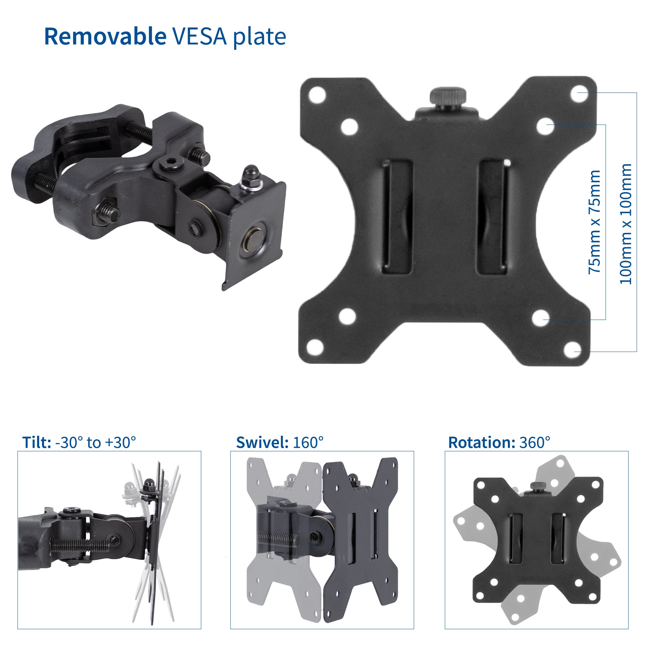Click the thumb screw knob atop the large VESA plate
(448, 97)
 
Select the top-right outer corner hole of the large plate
(579, 93)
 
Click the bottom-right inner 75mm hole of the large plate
(541, 318)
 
